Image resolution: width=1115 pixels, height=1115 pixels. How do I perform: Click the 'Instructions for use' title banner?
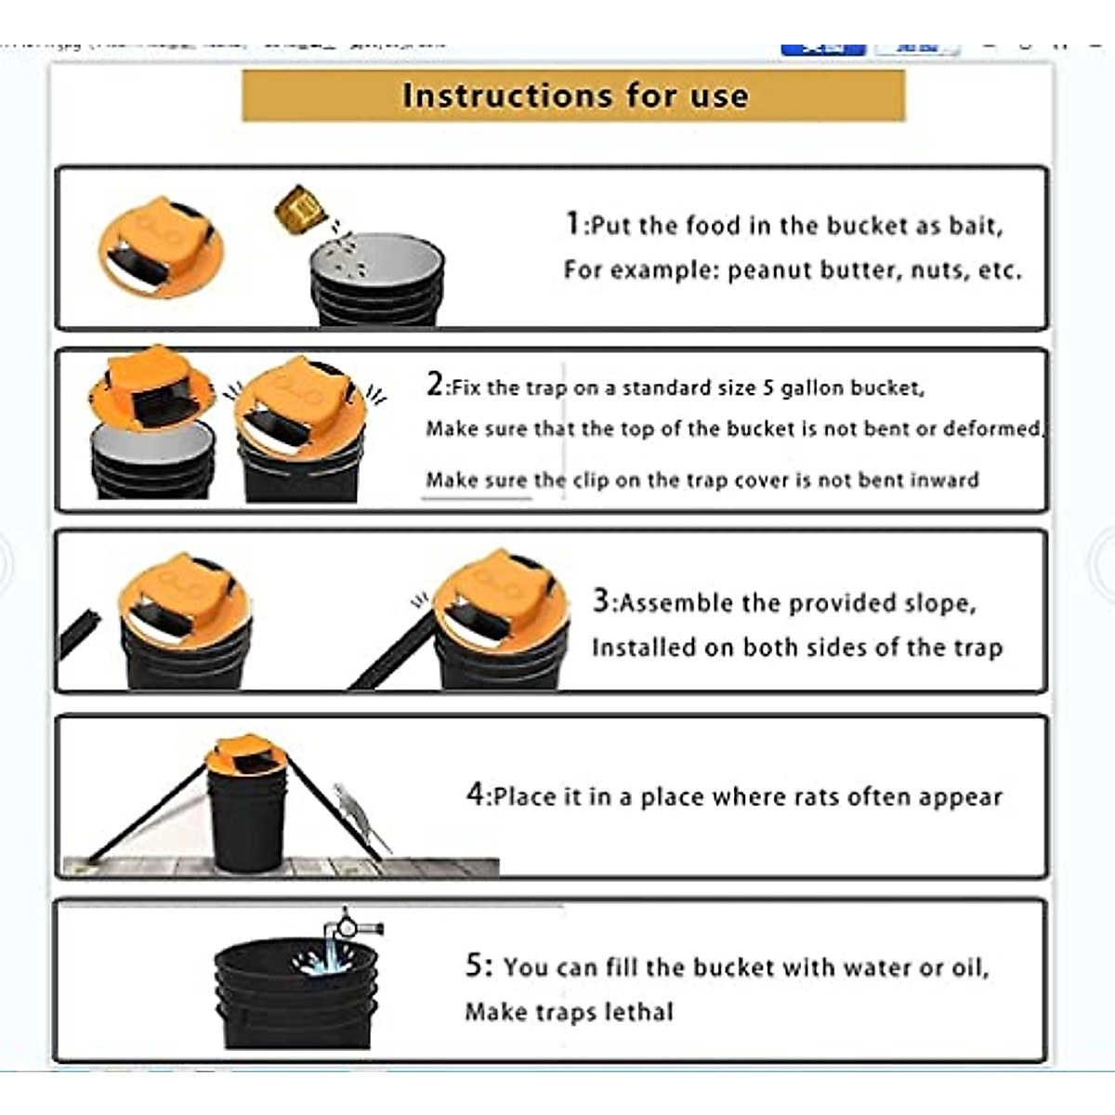click(x=573, y=95)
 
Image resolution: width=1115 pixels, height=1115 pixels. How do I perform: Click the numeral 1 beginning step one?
click(x=573, y=223)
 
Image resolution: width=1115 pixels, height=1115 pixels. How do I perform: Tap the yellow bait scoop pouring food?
click(x=299, y=210)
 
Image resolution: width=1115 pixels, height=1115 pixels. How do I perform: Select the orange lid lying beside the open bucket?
click(x=162, y=247)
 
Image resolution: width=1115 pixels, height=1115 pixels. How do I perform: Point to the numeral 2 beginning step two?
click(x=435, y=384)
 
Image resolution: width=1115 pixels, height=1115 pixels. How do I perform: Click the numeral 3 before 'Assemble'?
click(x=601, y=600)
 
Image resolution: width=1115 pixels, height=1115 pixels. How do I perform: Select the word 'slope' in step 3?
click(x=925, y=604)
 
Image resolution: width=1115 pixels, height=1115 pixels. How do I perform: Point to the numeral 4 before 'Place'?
click(x=475, y=794)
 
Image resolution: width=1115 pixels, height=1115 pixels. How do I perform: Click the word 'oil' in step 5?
click(x=968, y=967)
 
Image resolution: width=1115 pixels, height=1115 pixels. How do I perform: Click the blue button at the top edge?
click(x=822, y=48)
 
